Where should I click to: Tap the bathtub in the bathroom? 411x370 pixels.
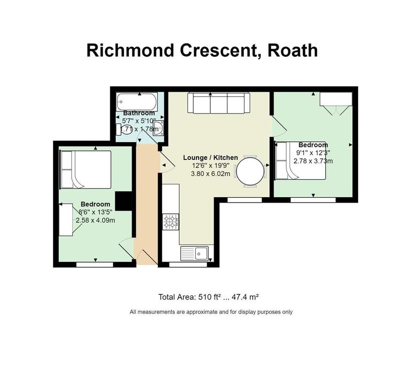pos(136,101)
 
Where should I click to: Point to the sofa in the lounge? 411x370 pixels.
pos(217,103)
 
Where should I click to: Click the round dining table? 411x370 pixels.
pos(250,171)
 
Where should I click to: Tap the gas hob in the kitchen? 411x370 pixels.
pos(171,221)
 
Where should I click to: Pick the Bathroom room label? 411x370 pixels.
pos(139,113)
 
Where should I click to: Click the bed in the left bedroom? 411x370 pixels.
pos(86,169)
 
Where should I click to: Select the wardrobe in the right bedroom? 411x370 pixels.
pos(336,100)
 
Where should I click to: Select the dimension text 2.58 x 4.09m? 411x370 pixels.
pos(95,220)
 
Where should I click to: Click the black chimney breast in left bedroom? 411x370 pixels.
pos(124,202)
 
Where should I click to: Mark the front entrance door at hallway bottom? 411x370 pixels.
pos(146,259)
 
